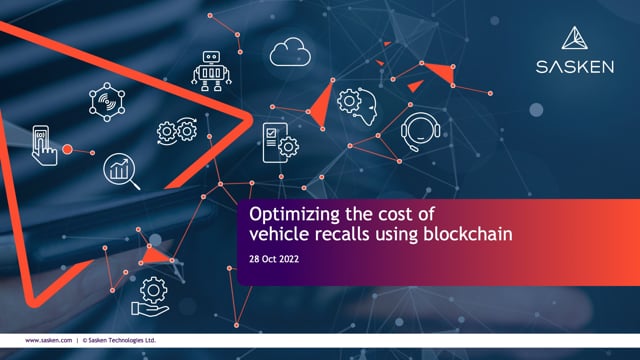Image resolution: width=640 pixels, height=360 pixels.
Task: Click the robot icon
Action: (x=212, y=67)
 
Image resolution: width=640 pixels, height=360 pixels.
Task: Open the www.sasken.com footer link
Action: (x=47, y=340)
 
